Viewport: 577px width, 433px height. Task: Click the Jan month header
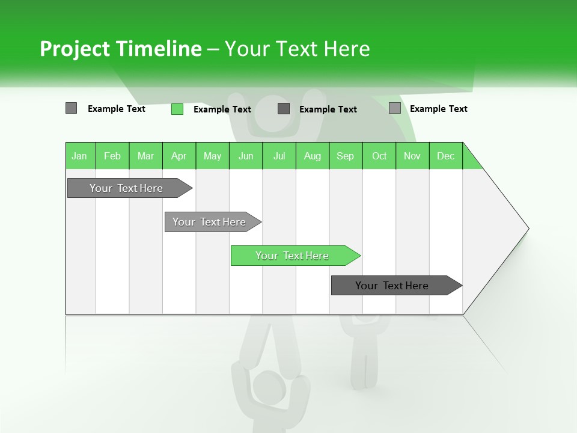[79, 156]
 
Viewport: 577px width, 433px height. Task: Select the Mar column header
[145, 156]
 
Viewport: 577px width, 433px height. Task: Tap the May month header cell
[212, 156]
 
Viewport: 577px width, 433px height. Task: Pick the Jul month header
[279, 156]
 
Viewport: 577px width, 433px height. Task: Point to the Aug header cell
[312, 156]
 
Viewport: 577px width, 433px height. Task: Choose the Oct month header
[379, 156]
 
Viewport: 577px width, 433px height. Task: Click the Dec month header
[445, 156]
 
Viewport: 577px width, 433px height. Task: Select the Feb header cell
[112, 156]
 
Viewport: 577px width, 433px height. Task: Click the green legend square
[177, 109]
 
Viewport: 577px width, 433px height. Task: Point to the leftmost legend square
[71, 108]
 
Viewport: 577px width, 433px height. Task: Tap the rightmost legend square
[395, 108]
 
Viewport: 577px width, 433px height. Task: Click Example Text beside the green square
[222, 109]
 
